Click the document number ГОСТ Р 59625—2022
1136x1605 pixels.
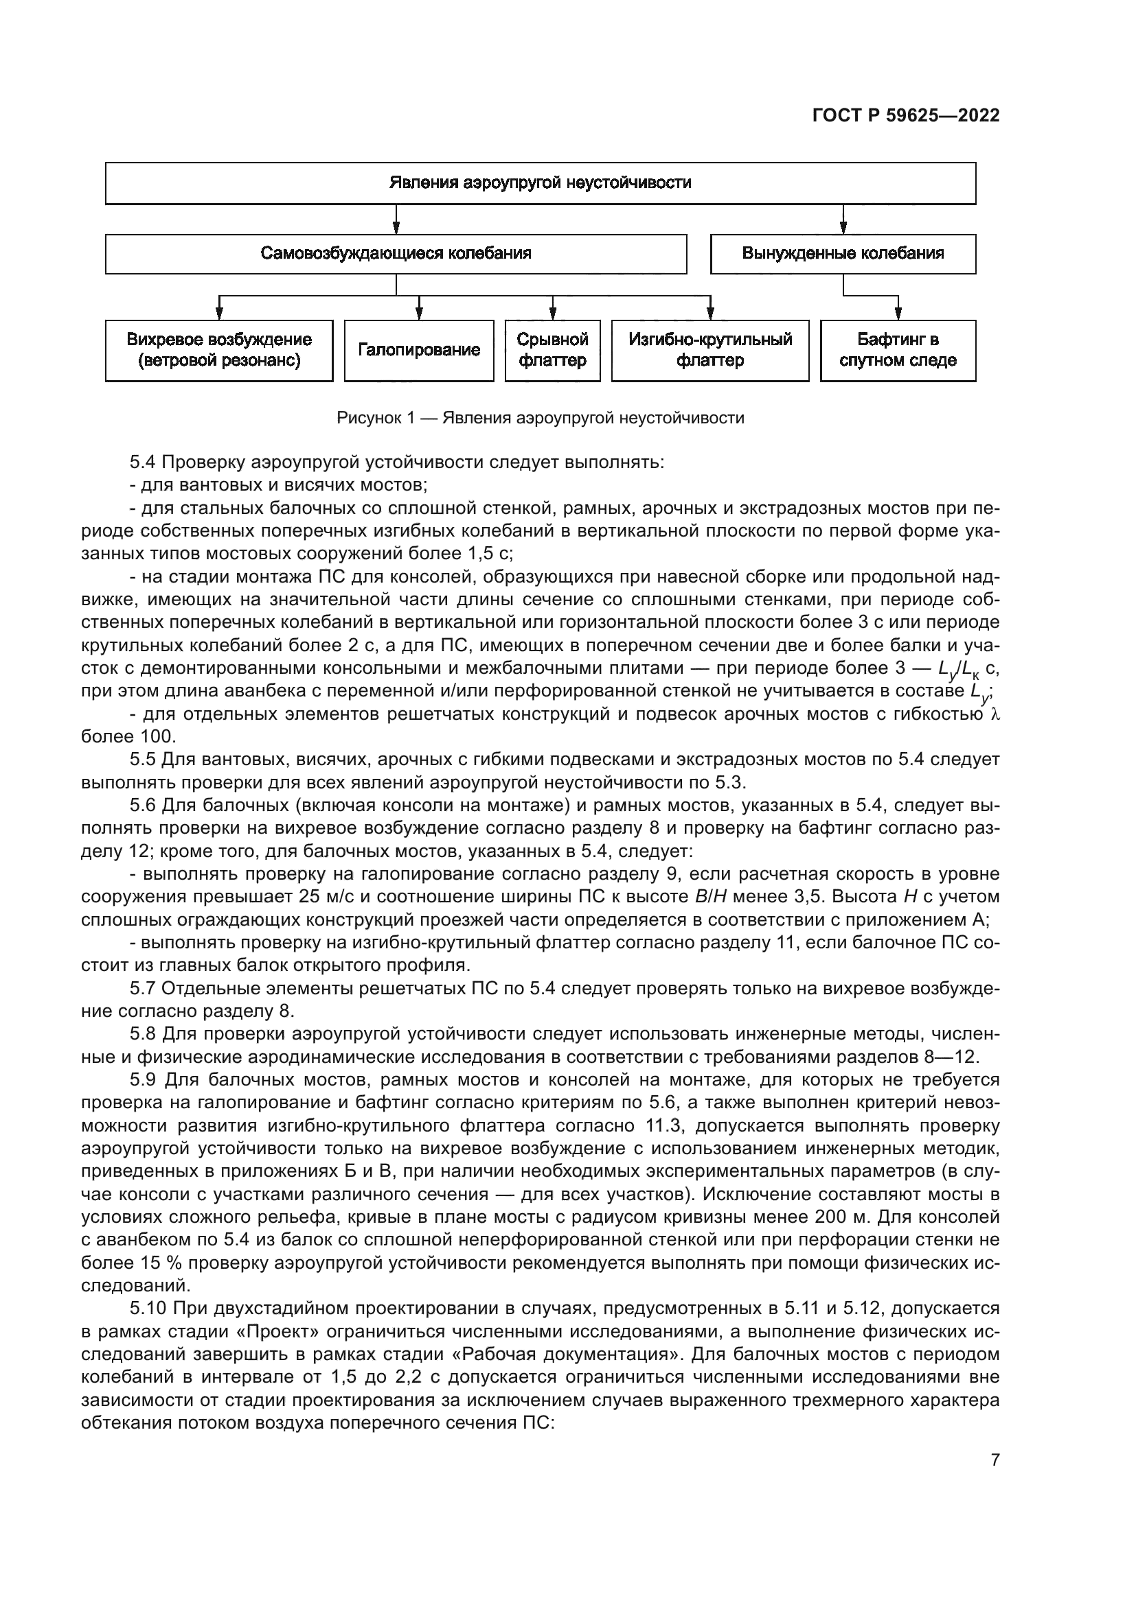point(906,115)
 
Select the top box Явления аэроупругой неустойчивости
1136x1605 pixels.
point(540,183)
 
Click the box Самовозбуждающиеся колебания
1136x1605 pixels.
point(396,253)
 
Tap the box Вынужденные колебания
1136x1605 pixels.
point(843,253)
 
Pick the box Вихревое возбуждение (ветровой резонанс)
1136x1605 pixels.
point(219,350)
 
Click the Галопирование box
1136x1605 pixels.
point(419,350)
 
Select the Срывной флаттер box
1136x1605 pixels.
point(553,350)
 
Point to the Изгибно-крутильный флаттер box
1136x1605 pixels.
point(710,350)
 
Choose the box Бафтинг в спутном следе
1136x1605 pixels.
point(898,350)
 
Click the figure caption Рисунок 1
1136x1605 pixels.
point(540,418)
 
